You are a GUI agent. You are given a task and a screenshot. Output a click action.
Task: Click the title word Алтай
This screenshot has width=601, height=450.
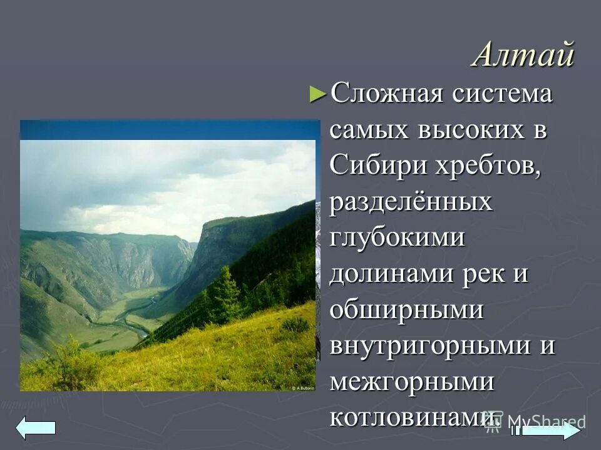pyautogui.click(x=523, y=55)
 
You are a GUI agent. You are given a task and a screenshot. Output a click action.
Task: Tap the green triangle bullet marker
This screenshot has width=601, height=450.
pyautogui.click(x=318, y=95)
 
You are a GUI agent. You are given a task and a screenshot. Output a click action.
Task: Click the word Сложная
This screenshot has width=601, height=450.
pyautogui.click(x=387, y=94)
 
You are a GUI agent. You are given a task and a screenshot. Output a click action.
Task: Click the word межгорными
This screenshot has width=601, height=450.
pyautogui.click(x=411, y=382)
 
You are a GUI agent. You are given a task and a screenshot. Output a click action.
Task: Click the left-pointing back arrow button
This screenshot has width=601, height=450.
pyautogui.click(x=36, y=427)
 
